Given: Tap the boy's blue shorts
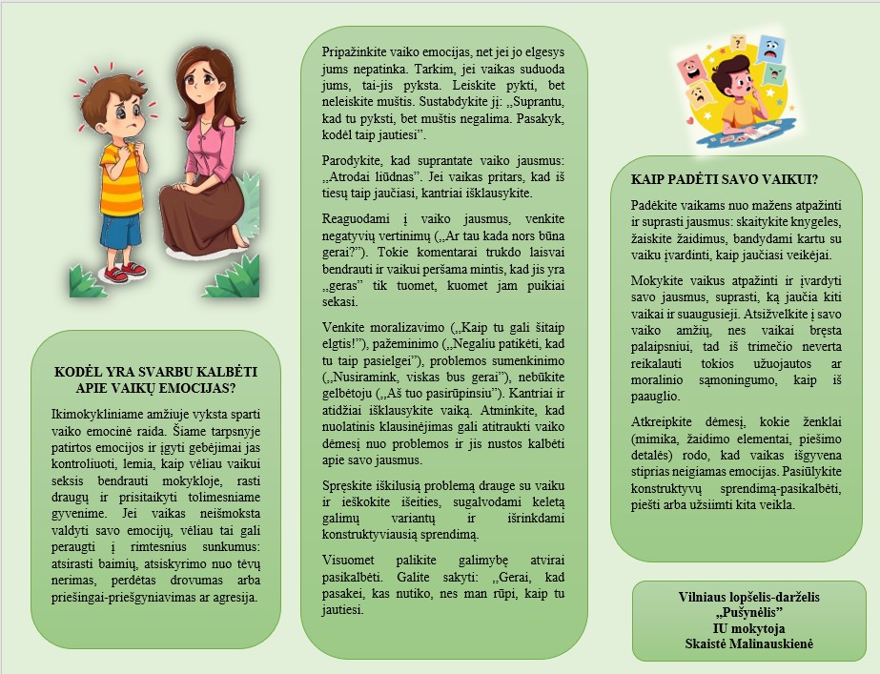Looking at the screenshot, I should pyautogui.click(x=121, y=229).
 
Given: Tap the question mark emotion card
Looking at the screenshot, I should pyautogui.click(x=737, y=43).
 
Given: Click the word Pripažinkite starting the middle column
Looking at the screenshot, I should pyautogui.click(x=358, y=50).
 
